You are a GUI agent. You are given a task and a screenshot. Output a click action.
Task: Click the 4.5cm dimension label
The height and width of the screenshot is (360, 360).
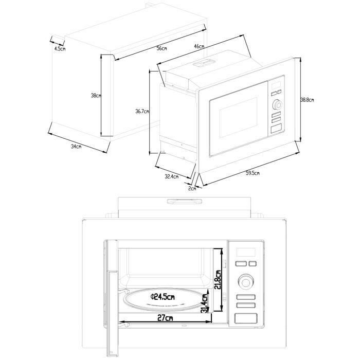pyautogui.click(x=60, y=49)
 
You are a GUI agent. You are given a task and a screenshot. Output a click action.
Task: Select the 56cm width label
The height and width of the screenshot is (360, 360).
pyautogui.click(x=162, y=48)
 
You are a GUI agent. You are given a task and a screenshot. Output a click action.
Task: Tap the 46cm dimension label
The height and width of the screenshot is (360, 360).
pyautogui.click(x=199, y=47)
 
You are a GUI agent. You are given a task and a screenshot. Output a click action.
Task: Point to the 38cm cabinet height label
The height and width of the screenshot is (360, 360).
pyautogui.click(x=95, y=96)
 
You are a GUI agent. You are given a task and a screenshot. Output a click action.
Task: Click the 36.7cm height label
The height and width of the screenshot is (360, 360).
pyautogui.click(x=142, y=111)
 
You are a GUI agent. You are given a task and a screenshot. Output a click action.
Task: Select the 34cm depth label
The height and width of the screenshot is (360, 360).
pyautogui.click(x=76, y=147)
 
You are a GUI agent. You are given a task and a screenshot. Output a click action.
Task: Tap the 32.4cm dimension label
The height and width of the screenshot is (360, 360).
pyautogui.click(x=171, y=176)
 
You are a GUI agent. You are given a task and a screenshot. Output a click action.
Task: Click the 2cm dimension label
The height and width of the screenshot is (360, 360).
pyautogui.click(x=192, y=189)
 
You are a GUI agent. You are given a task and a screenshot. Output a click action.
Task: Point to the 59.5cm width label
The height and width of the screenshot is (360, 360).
pyautogui.click(x=252, y=173)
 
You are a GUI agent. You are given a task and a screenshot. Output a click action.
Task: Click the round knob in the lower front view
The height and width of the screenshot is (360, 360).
pyautogui.click(x=246, y=282)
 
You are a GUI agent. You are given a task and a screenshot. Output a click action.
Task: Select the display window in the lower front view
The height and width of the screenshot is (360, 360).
pyautogui.click(x=246, y=253)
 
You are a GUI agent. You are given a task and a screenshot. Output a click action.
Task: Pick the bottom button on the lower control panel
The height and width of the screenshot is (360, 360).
pyautogui.click(x=246, y=319)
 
